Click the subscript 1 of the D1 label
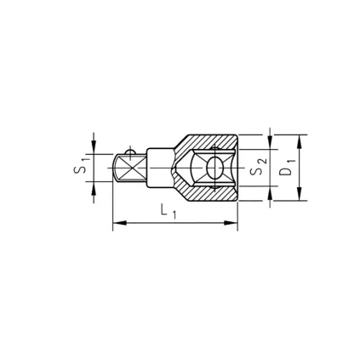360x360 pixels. [291, 160]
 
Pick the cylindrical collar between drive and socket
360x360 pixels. [159, 168]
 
